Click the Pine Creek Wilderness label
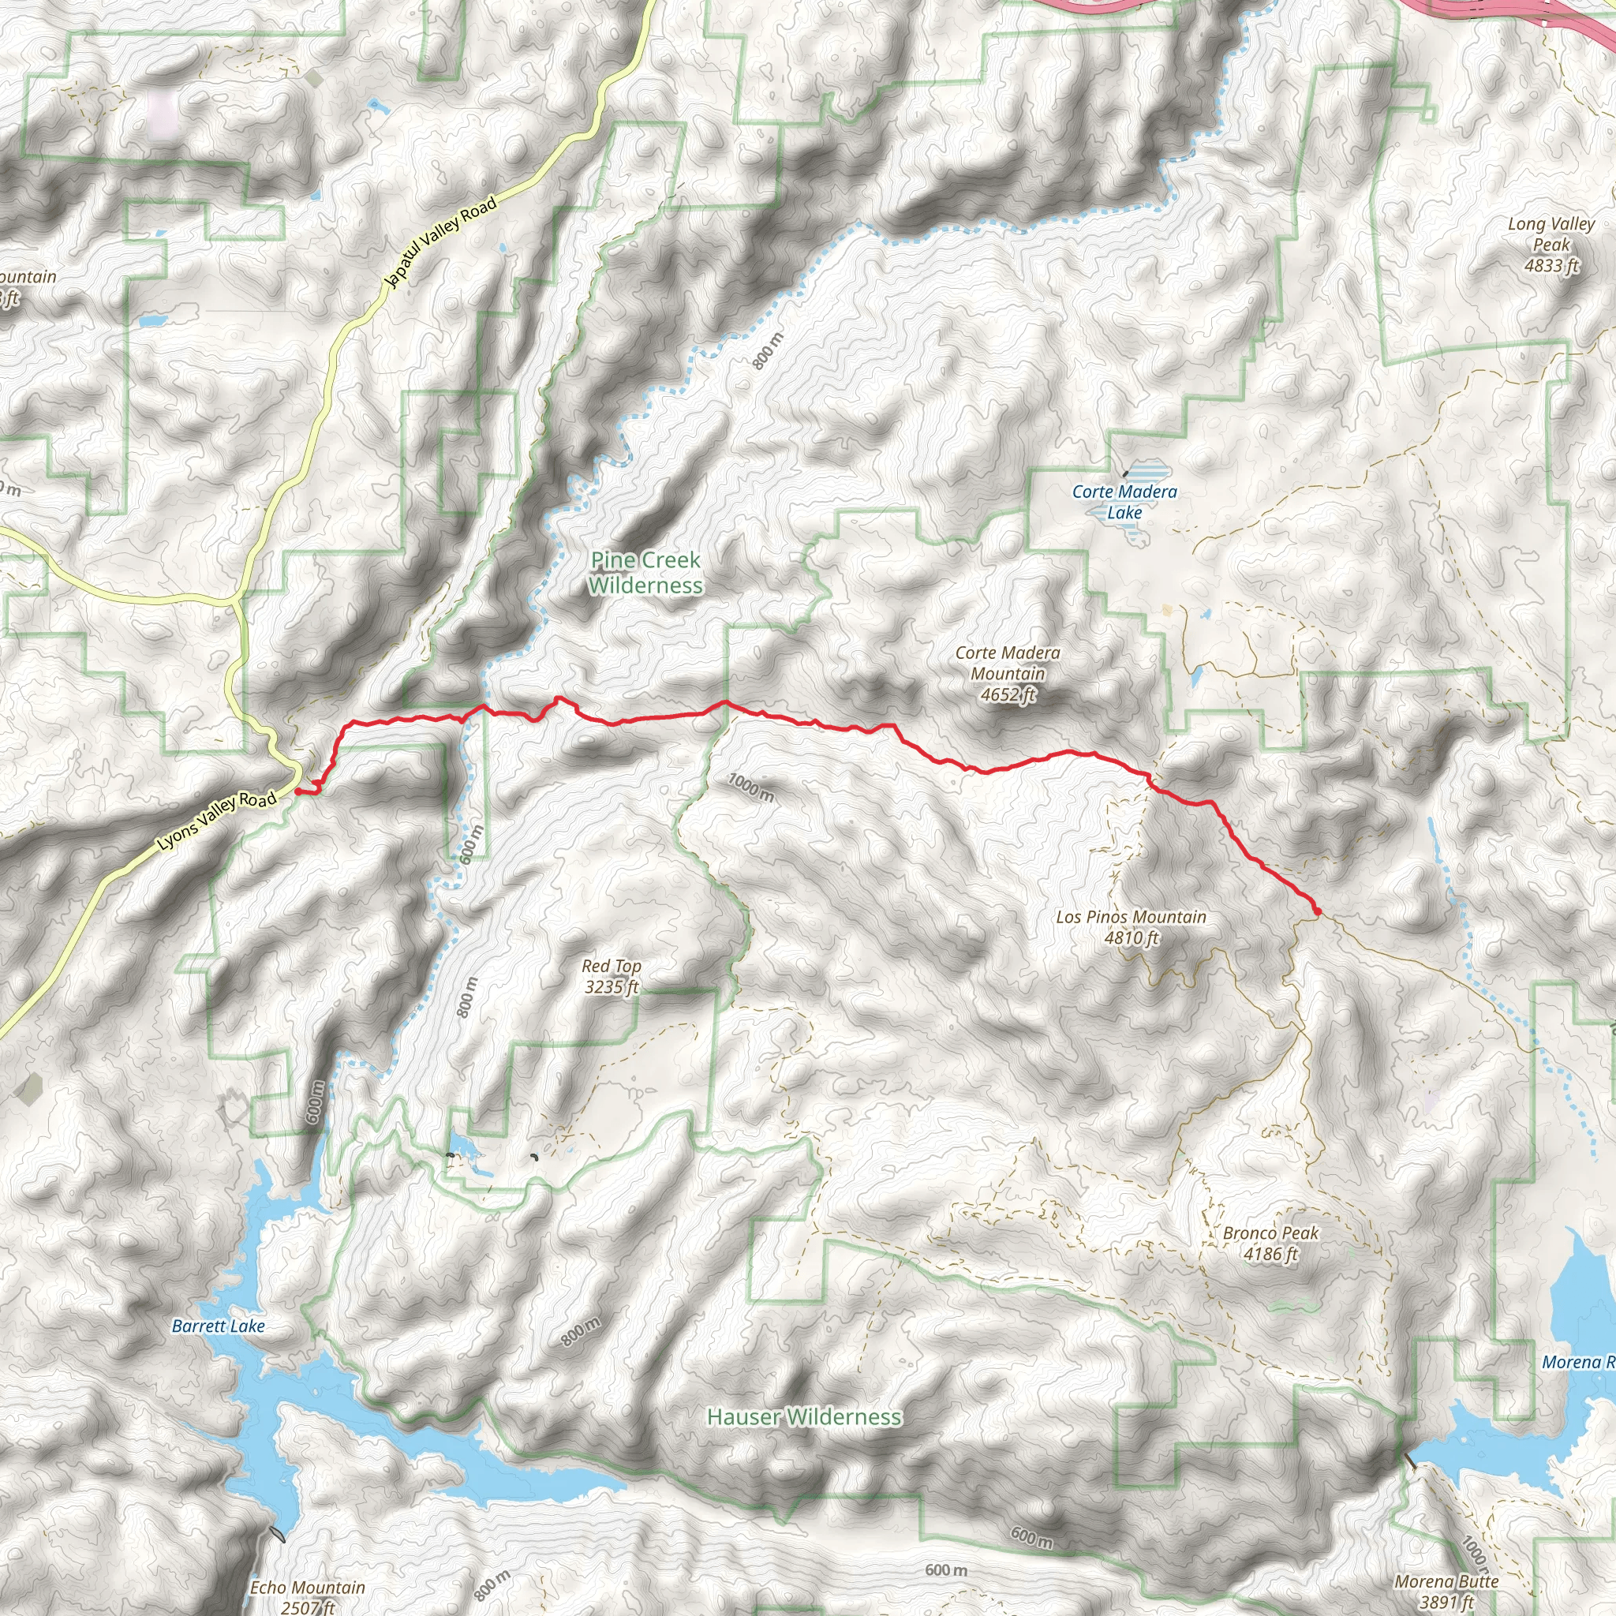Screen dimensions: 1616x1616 pos(645,573)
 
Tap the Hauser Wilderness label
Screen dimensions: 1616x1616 pos(804,1416)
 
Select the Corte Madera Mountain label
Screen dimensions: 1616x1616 pos(1007,664)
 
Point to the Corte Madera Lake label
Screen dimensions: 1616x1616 pos(1124,502)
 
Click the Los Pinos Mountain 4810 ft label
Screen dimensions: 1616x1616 pos(1131,927)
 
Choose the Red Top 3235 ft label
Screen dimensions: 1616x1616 pos(612,976)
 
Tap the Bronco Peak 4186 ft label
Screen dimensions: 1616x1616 pos(1270,1243)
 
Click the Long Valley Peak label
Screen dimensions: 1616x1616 pos(1551,234)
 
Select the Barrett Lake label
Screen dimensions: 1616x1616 pos(219,1326)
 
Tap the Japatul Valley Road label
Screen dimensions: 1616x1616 pos(442,241)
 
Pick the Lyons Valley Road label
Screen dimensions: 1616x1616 pos(218,822)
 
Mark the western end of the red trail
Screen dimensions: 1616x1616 pos(297,790)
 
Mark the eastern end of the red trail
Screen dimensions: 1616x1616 pos(1318,911)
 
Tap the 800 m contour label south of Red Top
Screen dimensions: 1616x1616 pos(581,1331)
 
